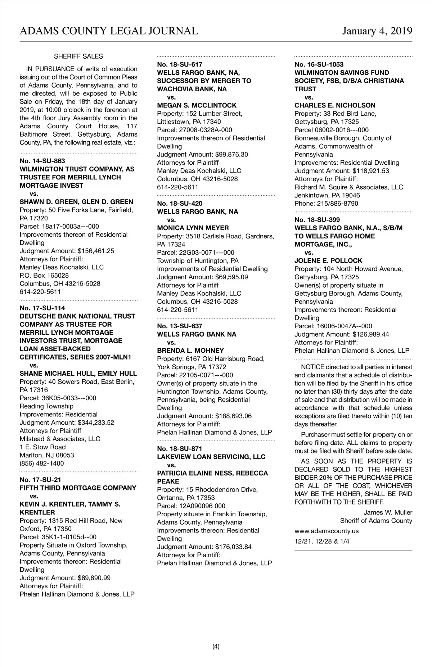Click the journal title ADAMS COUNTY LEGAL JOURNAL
click(x=109, y=31)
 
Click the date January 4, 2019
click(x=377, y=31)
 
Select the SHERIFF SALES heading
click(x=78, y=56)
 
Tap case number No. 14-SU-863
click(x=42, y=161)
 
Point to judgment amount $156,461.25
click(x=96, y=251)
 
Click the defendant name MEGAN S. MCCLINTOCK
click(x=197, y=105)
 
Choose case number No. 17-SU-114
click(x=42, y=308)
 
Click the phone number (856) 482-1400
click(x=42, y=463)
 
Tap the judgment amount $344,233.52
click(x=96, y=422)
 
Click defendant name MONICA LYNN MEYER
click(x=193, y=228)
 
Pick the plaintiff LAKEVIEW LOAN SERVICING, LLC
click(x=211, y=457)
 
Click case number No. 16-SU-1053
click(x=319, y=65)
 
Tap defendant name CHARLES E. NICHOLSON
click(x=335, y=105)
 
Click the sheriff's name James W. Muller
click(x=388, y=512)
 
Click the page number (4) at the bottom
click(x=216, y=647)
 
